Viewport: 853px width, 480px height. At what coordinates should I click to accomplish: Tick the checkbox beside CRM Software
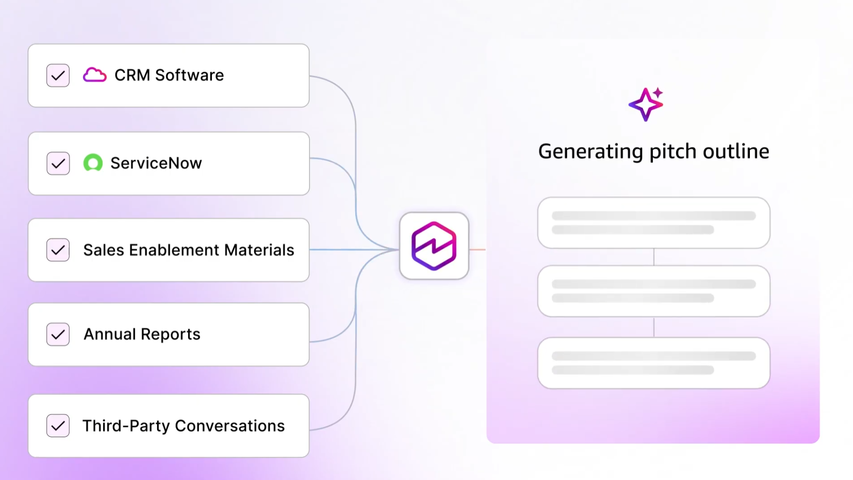pyautogui.click(x=58, y=76)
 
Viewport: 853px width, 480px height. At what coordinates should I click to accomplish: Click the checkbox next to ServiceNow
pyautogui.click(x=58, y=163)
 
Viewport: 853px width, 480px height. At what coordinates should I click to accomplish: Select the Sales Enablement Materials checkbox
pyautogui.click(x=58, y=250)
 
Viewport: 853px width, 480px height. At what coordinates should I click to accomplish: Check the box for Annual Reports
pyautogui.click(x=58, y=335)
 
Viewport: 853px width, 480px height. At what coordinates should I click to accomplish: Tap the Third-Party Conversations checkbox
pyautogui.click(x=58, y=426)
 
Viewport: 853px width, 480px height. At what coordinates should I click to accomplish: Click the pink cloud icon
pyautogui.click(x=95, y=75)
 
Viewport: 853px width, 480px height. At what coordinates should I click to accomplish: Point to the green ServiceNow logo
pyautogui.click(x=93, y=163)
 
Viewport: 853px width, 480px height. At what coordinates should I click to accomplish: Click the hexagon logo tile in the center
pyautogui.click(x=434, y=246)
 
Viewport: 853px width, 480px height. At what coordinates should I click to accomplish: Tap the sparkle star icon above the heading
pyautogui.click(x=646, y=104)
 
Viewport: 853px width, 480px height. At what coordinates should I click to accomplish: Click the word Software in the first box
pyautogui.click(x=189, y=75)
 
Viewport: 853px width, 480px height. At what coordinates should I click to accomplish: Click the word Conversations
pyautogui.click(x=230, y=426)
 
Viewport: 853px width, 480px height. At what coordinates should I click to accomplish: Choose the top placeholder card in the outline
pyautogui.click(x=654, y=223)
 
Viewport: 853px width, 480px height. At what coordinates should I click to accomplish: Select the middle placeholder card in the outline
pyautogui.click(x=654, y=291)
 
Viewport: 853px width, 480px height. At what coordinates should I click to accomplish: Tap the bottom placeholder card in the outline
pyautogui.click(x=654, y=363)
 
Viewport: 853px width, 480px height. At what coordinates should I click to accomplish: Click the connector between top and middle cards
pyautogui.click(x=654, y=257)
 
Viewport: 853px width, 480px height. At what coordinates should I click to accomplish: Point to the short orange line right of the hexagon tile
pyautogui.click(x=477, y=250)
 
